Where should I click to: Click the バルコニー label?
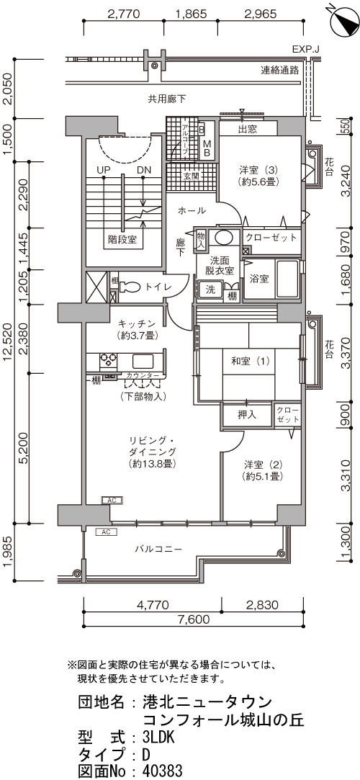pyautogui.click(x=158, y=550)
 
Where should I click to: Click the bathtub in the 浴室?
pyautogui.click(x=287, y=279)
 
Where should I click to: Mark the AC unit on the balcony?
pyautogui.click(x=105, y=532)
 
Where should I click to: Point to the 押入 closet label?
pyautogui.click(x=247, y=414)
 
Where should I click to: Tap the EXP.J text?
pyautogui.click(x=305, y=50)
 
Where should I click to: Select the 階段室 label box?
pyautogui.click(x=122, y=240)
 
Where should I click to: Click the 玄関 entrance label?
pyautogui.click(x=191, y=176)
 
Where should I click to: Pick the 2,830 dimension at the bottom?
pyautogui.click(x=261, y=605)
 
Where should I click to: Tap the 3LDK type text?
pyautogui.click(x=158, y=737)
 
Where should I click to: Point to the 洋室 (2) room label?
pyautogui.click(x=263, y=471)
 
